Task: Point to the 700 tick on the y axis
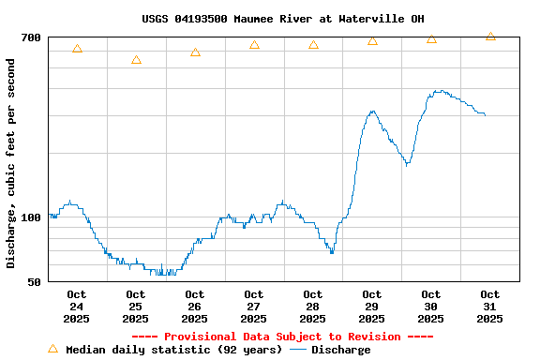[31, 37]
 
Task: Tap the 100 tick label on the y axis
[31, 217]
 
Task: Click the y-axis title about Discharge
[11, 163]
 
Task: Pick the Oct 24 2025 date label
[77, 307]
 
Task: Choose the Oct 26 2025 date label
[195, 307]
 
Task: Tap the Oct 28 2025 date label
[313, 307]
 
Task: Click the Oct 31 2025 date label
[489, 307]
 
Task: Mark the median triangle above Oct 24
[77, 49]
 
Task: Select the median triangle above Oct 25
[136, 60]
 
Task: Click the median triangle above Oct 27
[254, 45]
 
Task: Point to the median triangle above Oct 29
[372, 41]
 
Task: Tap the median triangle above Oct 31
[490, 37]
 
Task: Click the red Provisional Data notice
[282, 337]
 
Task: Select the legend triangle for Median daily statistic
[52, 349]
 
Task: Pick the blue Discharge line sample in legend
[298, 350]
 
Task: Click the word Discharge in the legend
[340, 350]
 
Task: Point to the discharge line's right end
[485, 114]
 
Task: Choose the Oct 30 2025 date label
[431, 307]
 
